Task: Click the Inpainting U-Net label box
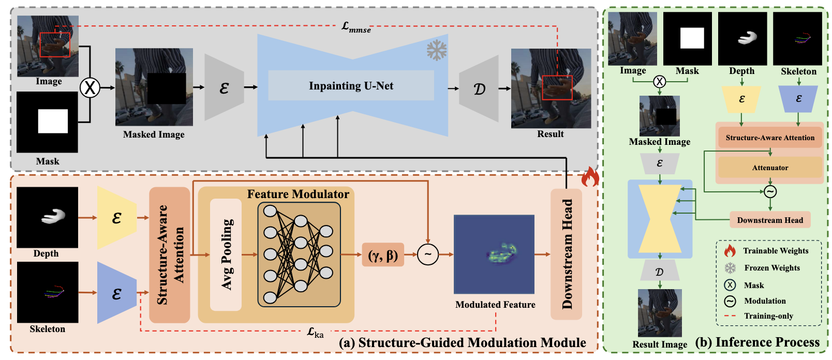pyautogui.click(x=351, y=86)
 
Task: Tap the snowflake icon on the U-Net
pyautogui.click(x=437, y=50)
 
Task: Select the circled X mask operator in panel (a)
pyautogui.click(x=90, y=87)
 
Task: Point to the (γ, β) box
pyautogui.click(x=383, y=254)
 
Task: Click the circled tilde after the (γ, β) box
pyautogui.click(x=428, y=254)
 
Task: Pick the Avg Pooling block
pyautogui.click(x=226, y=254)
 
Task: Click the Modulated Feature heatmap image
pyautogui.click(x=494, y=254)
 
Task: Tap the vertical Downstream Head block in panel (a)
pyautogui.click(x=567, y=254)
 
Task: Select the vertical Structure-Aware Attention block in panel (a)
pyautogui.click(x=170, y=254)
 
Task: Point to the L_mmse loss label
pyautogui.click(x=356, y=27)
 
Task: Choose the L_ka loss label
pyautogui.click(x=315, y=332)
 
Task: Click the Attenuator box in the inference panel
pyautogui.click(x=770, y=168)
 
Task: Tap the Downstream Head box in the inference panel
pyautogui.click(x=770, y=220)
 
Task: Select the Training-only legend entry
pyautogui.click(x=768, y=316)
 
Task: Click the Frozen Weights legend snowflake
pyautogui.click(x=730, y=268)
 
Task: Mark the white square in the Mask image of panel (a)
pyautogui.click(x=53, y=121)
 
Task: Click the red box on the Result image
pyautogui.click(x=557, y=87)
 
